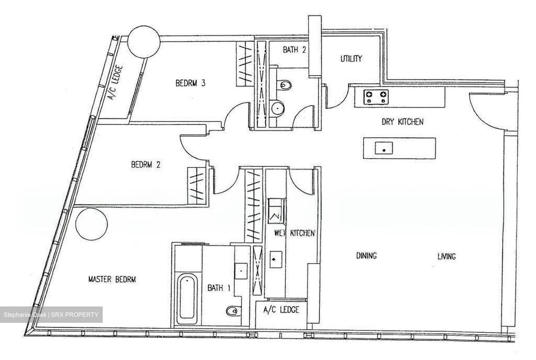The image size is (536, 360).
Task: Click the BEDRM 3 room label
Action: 191,83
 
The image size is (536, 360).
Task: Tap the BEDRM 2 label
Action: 146,164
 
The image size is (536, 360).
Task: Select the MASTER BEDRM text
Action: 112,279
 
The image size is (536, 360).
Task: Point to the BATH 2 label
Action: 294,50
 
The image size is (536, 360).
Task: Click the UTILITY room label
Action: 351,58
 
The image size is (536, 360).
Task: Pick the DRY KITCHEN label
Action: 402,122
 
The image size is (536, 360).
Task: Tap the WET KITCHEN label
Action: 294,233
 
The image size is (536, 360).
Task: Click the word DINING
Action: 366,256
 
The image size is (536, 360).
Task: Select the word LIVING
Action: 447,257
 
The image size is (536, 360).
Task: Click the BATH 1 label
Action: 219,288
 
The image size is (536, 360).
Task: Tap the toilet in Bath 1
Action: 232,311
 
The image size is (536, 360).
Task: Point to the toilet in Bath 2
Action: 284,85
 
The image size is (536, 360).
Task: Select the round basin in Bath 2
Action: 278,109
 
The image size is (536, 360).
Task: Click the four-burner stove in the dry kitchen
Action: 376,97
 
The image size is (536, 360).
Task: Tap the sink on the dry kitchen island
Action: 384,148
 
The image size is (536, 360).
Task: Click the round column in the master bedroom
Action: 92,224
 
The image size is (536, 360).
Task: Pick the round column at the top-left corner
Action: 144,42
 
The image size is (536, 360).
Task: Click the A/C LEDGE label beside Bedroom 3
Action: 115,83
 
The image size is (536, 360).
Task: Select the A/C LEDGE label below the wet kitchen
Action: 281,310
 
